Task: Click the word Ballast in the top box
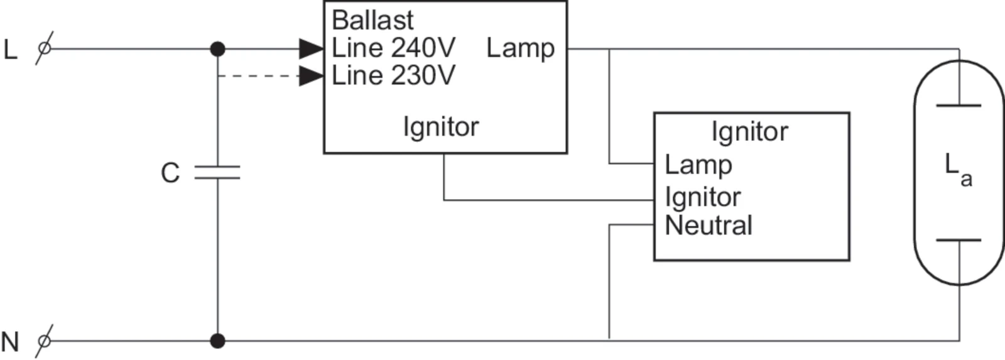pyautogui.click(x=372, y=20)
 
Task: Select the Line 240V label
pyautogui.click(x=393, y=48)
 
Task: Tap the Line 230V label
pyautogui.click(x=393, y=76)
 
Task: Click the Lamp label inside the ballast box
pyautogui.click(x=520, y=48)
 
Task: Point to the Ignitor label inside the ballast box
pyautogui.click(x=440, y=127)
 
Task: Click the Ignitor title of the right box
pyautogui.click(x=749, y=132)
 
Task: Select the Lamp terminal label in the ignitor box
pyautogui.click(x=698, y=165)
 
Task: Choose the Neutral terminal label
pyautogui.click(x=709, y=226)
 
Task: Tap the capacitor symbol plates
pyautogui.click(x=217, y=173)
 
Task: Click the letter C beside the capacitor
pyautogui.click(x=170, y=173)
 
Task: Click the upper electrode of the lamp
pyautogui.click(x=959, y=106)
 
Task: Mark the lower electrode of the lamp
pyautogui.click(x=959, y=240)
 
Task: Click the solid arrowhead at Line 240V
pyautogui.click(x=311, y=48)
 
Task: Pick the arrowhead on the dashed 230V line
pyautogui.click(x=311, y=76)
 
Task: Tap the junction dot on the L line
pyautogui.click(x=217, y=48)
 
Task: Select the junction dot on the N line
pyautogui.click(x=217, y=341)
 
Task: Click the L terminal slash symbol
pyautogui.click(x=44, y=48)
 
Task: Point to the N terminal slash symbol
pyautogui.click(x=44, y=341)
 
